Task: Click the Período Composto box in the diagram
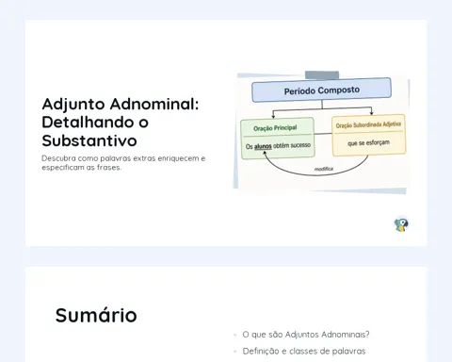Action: click(321, 90)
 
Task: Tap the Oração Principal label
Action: click(275, 128)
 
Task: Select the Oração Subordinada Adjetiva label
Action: click(368, 124)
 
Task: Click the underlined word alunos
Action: click(263, 146)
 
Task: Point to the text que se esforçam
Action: click(368, 143)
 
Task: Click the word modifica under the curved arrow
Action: click(324, 169)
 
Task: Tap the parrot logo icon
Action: click(401, 224)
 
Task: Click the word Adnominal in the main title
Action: click(154, 104)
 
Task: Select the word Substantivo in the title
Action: click(89, 140)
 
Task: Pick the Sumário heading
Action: click(96, 315)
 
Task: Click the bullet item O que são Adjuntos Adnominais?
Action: click(306, 335)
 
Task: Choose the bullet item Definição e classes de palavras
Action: click(304, 351)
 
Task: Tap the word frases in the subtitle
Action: click(109, 168)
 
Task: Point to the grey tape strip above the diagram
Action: click(322, 74)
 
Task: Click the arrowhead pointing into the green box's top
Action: click(273, 116)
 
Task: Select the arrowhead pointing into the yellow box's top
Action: click(372, 112)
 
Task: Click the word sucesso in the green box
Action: click(300, 145)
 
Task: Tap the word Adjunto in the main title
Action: click(73, 105)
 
